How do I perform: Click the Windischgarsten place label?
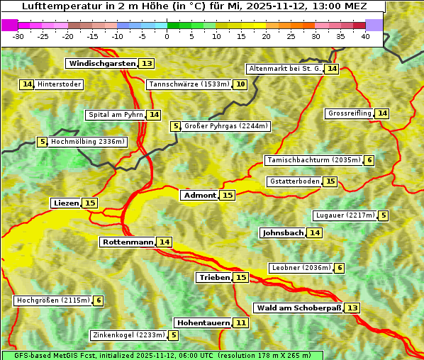[x=101, y=64]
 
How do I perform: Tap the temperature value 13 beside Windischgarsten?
[x=147, y=64]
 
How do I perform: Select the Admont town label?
[x=199, y=196]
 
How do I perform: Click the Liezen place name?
[x=66, y=203]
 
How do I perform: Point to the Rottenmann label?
[x=128, y=242]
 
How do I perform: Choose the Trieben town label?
[x=214, y=278]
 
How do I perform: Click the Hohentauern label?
[x=203, y=323]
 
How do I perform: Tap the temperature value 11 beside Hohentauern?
[x=241, y=323]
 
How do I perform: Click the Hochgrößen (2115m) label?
[x=53, y=300]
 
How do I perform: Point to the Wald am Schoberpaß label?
[x=298, y=308]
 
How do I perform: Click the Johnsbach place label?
[x=283, y=233]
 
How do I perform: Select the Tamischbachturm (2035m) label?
[x=313, y=160]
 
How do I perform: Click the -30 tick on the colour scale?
[x=18, y=36]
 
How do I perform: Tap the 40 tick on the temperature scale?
[x=365, y=36]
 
